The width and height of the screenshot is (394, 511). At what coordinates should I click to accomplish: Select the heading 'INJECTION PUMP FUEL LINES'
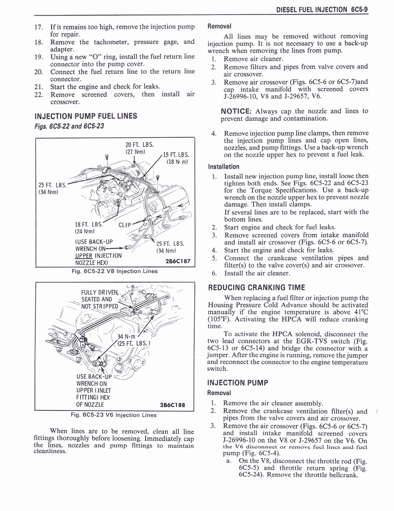(x=86, y=116)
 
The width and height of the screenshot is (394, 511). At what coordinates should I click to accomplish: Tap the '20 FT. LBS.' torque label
(x=139, y=145)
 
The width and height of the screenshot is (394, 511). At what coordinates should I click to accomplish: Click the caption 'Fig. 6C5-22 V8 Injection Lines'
(x=115, y=271)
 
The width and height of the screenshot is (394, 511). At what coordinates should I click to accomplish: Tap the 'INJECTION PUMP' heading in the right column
(x=238, y=383)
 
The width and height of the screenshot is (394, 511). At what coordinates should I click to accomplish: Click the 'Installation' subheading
(x=224, y=167)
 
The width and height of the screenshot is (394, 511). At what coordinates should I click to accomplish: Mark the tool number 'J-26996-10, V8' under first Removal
(x=249, y=97)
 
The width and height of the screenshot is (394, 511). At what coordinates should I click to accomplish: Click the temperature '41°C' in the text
(x=361, y=312)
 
